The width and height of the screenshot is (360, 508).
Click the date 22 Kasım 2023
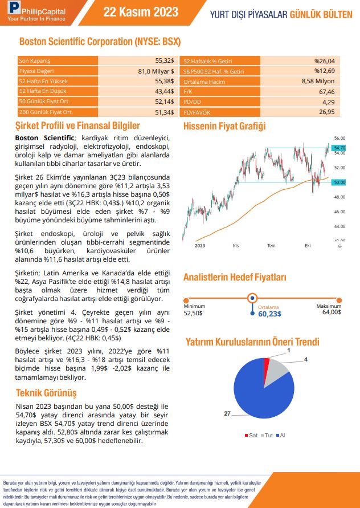click(141, 13)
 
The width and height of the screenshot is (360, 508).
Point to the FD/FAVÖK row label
click(194, 112)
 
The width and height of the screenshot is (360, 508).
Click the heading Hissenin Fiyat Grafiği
click(224, 127)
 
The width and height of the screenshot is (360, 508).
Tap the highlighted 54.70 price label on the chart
click(339, 148)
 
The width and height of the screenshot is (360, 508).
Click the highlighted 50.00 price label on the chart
click(339, 182)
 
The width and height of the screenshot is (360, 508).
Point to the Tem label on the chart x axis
click(271, 245)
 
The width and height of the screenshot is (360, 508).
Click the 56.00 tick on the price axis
click(339, 139)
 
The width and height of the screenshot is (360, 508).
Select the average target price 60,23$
click(269, 314)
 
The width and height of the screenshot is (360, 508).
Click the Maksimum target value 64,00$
click(332, 312)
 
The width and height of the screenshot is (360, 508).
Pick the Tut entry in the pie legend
click(268, 436)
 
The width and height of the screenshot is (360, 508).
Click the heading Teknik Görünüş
click(46, 393)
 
